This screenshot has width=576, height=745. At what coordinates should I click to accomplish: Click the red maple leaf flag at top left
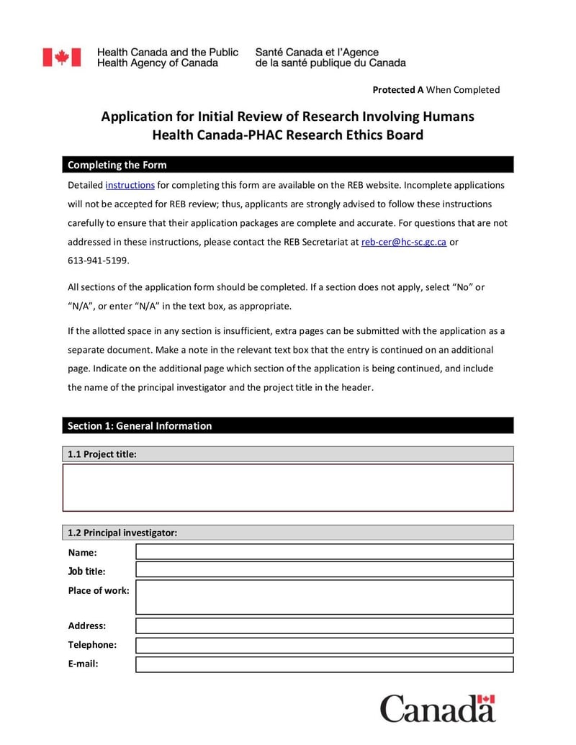tap(61, 58)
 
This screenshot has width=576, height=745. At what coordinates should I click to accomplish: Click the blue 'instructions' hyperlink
tap(130, 185)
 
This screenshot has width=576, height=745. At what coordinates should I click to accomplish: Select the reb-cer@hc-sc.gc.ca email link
tap(403, 242)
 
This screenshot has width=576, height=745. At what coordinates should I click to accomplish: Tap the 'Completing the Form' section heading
tap(117, 165)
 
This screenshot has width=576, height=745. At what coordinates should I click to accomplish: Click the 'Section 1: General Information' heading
tap(140, 425)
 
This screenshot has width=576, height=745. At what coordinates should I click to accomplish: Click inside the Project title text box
tap(288, 487)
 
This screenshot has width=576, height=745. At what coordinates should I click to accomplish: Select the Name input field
tap(324, 551)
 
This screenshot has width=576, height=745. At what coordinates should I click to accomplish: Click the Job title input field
tap(324, 569)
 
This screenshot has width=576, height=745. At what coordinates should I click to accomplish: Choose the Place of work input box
tap(324, 597)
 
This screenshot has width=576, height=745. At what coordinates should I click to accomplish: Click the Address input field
tap(324, 626)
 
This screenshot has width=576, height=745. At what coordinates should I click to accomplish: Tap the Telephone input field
tap(324, 645)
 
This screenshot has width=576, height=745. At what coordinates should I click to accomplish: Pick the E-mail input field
tap(324, 664)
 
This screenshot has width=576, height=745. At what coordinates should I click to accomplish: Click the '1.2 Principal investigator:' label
tap(122, 533)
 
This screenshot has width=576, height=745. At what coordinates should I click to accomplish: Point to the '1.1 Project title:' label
tap(102, 454)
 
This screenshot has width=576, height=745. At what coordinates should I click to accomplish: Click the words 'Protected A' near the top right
tap(397, 90)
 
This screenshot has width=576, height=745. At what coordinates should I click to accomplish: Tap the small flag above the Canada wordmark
tap(487, 699)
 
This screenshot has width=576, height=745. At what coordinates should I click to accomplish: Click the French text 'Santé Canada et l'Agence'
tap(317, 53)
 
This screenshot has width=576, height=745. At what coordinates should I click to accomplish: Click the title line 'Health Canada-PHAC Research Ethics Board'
tap(287, 135)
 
